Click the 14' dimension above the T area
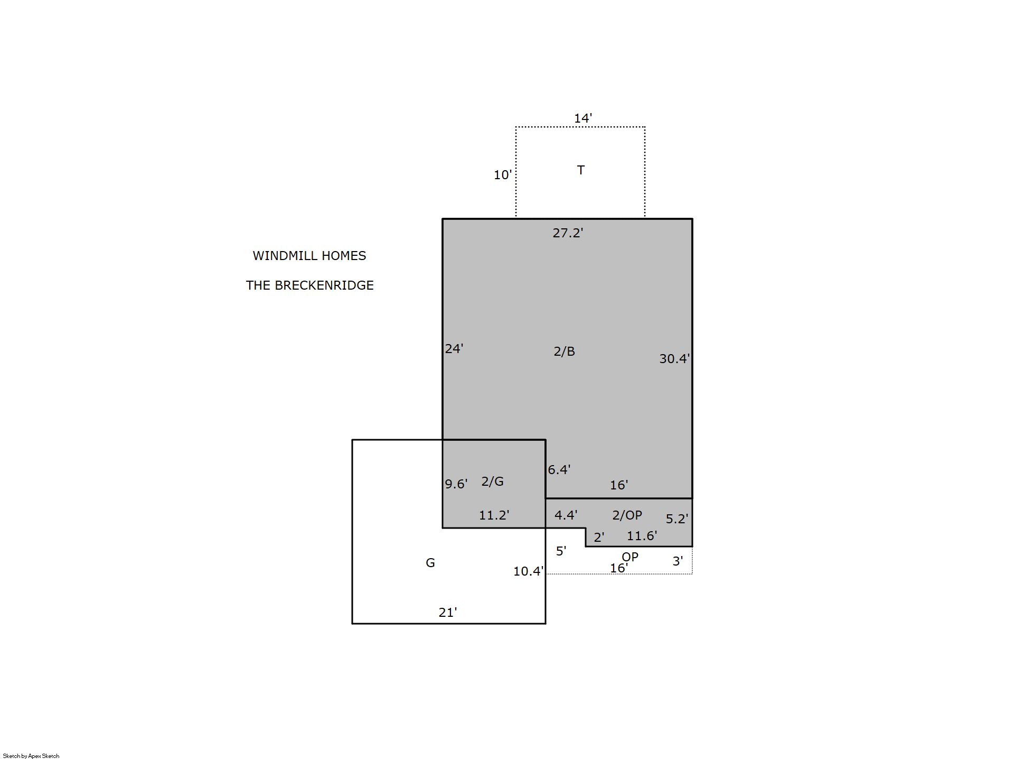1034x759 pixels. click(x=583, y=118)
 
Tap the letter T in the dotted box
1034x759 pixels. click(x=581, y=170)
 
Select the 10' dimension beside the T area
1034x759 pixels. click(x=503, y=175)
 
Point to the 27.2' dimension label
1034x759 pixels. click(x=568, y=233)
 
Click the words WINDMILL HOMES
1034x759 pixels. click(x=309, y=256)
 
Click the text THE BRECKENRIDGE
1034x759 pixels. click(x=310, y=285)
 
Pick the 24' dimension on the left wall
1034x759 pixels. click(x=454, y=349)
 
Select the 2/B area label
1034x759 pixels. click(x=564, y=351)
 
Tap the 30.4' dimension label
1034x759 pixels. click(x=674, y=359)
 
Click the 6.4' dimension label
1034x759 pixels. click(x=559, y=470)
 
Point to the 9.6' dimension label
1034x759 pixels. click(x=456, y=484)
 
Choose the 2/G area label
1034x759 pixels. click(x=493, y=482)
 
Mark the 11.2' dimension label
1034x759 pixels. click(x=494, y=515)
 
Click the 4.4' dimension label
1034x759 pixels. click(x=566, y=515)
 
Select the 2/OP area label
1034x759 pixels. click(x=627, y=515)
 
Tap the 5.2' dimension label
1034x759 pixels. click(x=677, y=519)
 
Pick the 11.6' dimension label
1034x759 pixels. click(x=642, y=536)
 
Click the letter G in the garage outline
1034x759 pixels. click(x=430, y=563)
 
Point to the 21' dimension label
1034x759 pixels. click(x=448, y=613)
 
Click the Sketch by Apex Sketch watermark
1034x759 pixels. click(x=31, y=756)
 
